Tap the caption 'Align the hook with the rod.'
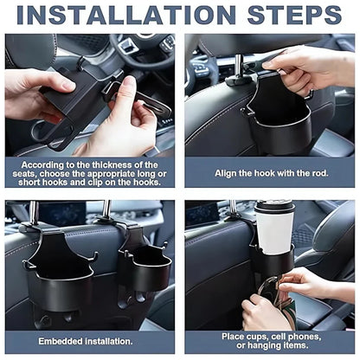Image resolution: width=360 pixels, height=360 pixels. (270, 173)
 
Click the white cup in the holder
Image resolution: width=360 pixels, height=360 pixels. (274, 229)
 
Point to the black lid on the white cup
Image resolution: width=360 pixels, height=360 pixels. (273, 205)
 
